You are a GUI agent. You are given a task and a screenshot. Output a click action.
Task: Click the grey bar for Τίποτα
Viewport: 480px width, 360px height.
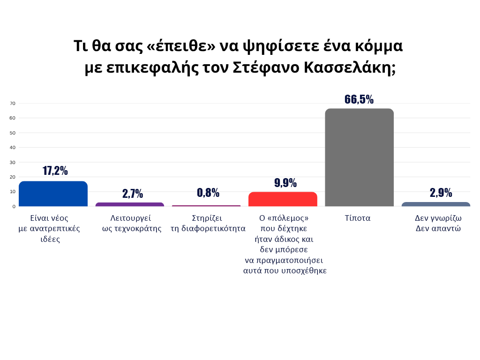(x=359, y=157)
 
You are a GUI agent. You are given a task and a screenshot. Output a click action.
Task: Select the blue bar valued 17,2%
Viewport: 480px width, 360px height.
(x=53, y=194)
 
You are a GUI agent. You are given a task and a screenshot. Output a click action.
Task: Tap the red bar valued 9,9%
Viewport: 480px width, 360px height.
(x=283, y=199)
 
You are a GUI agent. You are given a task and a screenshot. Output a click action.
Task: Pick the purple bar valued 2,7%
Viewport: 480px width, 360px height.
(x=130, y=204)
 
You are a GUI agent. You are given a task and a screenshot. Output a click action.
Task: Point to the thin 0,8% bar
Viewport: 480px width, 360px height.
(x=206, y=206)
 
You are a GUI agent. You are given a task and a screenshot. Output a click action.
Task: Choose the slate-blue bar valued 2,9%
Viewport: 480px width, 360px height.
(x=435, y=204)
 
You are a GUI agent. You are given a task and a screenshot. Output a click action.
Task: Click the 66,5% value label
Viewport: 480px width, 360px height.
(x=359, y=99)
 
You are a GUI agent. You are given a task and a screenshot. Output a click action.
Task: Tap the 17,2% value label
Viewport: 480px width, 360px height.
(x=55, y=171)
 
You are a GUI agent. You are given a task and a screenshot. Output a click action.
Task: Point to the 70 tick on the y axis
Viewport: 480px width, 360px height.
(x=13, y=103)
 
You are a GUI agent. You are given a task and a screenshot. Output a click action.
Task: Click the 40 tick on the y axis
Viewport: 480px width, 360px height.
(x=13, y=147)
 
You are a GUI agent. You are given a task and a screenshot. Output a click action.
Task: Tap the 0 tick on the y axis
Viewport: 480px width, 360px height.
(x=14, y=206)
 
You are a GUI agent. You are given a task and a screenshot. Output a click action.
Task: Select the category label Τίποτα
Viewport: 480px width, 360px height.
(x=358, y=218)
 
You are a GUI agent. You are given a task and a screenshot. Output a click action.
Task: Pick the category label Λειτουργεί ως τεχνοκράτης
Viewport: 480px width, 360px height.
(x=131, y=223)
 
